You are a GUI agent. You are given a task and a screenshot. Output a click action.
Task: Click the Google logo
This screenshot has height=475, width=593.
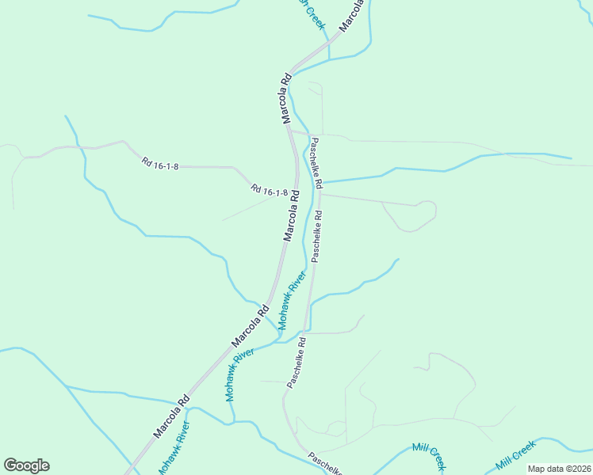[26, 465]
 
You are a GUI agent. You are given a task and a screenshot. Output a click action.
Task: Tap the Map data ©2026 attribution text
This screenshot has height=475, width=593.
[559, 469]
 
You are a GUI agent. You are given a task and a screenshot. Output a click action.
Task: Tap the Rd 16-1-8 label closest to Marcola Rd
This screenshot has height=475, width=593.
[269, 191]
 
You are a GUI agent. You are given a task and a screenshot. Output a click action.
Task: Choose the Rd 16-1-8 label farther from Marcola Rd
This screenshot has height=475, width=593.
[160, 164]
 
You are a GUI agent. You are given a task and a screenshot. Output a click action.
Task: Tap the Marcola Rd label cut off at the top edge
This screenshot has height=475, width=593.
[354, 14]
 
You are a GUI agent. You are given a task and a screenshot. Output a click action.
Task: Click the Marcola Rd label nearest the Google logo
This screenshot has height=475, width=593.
[171, 416]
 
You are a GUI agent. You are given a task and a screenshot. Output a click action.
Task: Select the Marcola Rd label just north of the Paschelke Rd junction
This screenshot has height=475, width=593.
[286, 99]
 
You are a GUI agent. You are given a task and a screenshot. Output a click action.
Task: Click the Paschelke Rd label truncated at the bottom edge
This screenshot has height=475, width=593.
[325, 463]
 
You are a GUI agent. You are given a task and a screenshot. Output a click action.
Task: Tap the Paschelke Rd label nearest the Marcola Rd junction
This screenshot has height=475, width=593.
[316, 163]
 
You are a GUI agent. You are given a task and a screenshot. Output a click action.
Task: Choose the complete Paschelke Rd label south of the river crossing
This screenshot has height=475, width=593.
[296, 363]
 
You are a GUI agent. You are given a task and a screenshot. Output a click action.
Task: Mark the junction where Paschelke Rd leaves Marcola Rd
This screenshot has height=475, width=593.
[290, 127]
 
